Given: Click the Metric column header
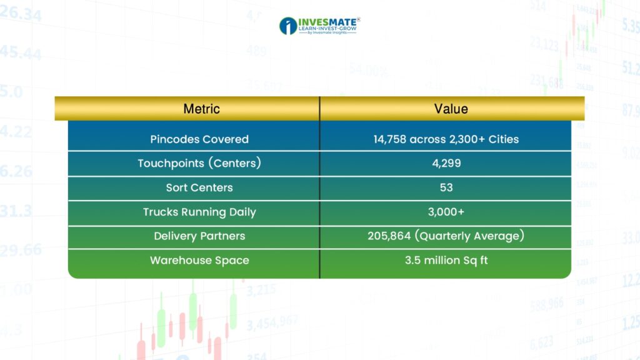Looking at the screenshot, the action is [x=201, y=109].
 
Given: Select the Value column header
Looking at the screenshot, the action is [x=451, y=109].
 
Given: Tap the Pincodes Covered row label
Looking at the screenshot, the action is [x=199, y=139].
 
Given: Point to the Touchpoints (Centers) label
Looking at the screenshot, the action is [x=199, y=163].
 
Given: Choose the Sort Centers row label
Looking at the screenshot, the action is [x=199, y=187].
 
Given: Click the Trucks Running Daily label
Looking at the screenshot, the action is [x=199, y=212].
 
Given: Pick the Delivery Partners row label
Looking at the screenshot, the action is [x=199, y=236].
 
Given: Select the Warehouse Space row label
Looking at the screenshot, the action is [x=199, y=261].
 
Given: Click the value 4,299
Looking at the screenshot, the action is [x=446, y=163].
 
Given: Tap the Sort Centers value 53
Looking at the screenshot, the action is [x=446, y=187].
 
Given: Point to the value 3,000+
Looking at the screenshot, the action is [x=446, y=212].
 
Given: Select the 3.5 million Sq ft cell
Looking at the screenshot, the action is [x=446, y=261].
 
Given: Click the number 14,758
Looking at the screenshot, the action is [x=390, y=139].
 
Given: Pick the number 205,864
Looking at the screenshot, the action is [x=389, y=236].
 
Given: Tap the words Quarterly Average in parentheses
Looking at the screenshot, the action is [x=469, y=236].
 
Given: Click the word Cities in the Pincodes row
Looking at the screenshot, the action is [x=504, y=139].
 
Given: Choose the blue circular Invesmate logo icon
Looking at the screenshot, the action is [x=288, y=26].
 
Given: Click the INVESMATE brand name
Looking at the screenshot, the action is [x=327, y=22].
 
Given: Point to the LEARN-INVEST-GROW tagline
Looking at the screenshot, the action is [x=327, y=29].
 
